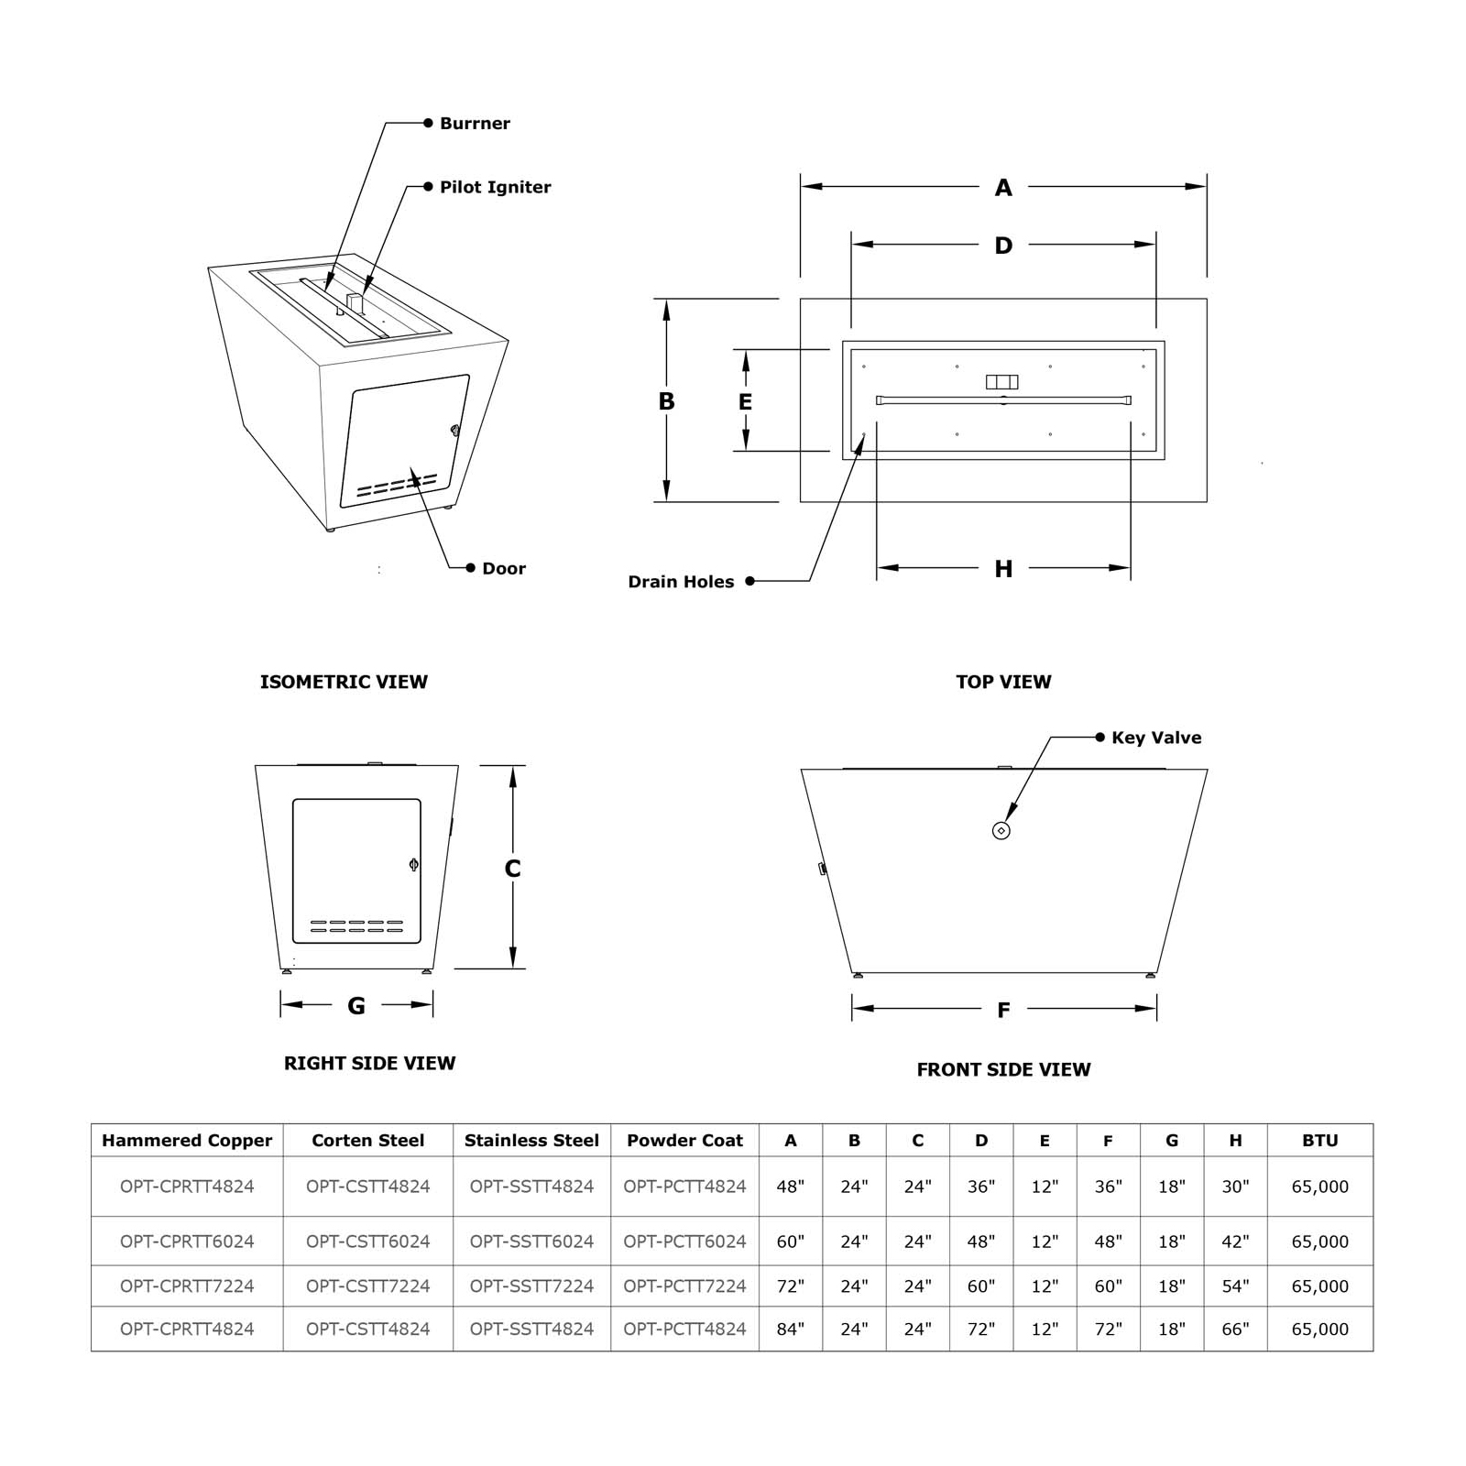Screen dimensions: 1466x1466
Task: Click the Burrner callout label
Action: point(474,124)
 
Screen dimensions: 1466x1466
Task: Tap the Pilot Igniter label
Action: point(495,187)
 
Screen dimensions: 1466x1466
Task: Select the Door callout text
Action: point(503,568)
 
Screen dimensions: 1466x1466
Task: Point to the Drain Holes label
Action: point(681,582)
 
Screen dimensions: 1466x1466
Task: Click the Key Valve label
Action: point(1155,738)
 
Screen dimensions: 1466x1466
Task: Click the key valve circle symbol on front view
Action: point(1001,830)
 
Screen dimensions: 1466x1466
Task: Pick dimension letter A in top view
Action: point(1003,188)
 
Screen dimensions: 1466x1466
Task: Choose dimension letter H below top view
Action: point(1003,569)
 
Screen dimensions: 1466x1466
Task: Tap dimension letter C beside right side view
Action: point(512,869)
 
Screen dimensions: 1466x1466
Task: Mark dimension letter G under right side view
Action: point(356,1006)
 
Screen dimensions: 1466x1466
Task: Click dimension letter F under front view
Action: point(1003,1010)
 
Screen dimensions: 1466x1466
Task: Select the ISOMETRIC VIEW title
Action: point(344,682)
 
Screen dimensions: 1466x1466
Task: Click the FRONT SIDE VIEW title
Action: point(1003,1069)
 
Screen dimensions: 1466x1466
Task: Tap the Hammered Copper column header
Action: point(187,1141)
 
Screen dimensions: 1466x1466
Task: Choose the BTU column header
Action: point(1319,1141)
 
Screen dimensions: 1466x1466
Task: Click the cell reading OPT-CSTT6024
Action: point(367,1242)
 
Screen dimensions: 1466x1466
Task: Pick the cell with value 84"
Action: point(790,1329)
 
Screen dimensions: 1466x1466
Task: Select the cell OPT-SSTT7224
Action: point(531,1285)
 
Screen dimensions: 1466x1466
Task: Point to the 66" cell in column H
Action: point(1235,1329)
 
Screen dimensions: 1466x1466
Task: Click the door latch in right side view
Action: point(413,863)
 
